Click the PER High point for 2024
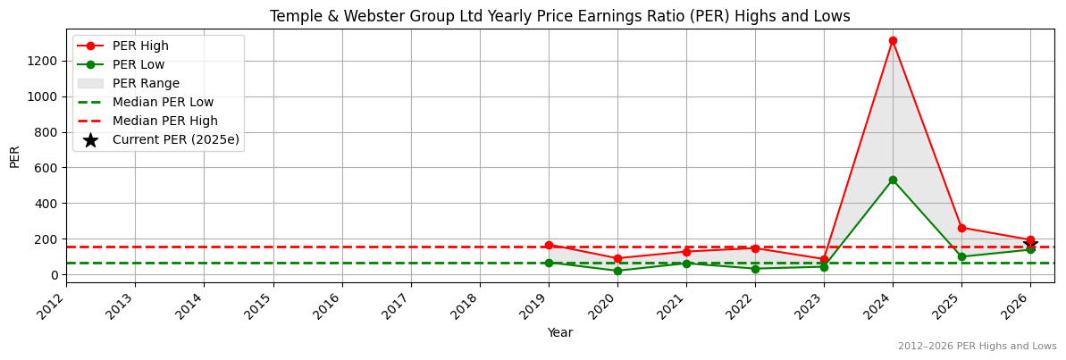point(893,41)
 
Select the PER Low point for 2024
point(893,180)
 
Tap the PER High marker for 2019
point(549,245)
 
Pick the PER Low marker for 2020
point(617,271)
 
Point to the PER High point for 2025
point(961,228)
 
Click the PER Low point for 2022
point(755,268)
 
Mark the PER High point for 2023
point(824,259)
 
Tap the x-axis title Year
point(560,333)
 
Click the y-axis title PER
point(14,156)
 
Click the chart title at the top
point(560,16)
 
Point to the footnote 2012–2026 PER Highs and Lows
point(977,347)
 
